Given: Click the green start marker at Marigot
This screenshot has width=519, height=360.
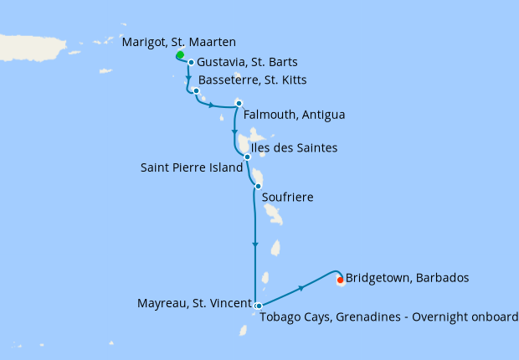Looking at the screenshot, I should coord(180,55).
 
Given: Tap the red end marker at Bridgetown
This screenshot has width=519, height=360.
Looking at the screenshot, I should coord(340,280).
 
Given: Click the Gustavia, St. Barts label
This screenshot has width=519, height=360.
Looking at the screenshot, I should coord(247,62).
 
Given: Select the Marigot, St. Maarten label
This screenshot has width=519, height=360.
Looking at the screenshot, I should coord(178,42).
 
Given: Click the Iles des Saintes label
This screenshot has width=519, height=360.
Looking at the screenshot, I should coord(294,148).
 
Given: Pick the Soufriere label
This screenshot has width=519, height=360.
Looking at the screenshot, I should coord(287,198).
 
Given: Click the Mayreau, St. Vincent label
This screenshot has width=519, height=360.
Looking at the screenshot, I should coord(194,302).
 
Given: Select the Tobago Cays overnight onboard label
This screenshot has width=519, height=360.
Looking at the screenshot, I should coord(388,316).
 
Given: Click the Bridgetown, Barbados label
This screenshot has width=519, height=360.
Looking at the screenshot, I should coord(407,277).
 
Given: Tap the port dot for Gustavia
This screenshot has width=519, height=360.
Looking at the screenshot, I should coord(192,62).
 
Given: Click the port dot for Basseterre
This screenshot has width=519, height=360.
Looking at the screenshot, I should coord(196,90).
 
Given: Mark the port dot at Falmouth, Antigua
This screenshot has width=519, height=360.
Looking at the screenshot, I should coord(239,104).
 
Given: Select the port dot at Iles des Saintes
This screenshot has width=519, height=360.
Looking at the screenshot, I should coord(247,157).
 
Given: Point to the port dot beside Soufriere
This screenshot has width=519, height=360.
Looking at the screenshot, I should coord(258,186).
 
